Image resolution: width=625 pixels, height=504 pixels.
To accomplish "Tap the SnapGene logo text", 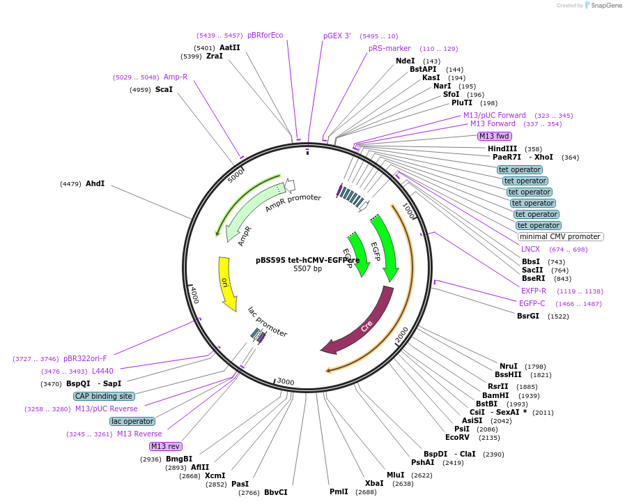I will pos(604,5).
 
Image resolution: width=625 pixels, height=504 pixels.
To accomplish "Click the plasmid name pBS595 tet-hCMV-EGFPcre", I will pos(307,260).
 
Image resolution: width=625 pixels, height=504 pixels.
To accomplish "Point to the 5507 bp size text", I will pos(307,268).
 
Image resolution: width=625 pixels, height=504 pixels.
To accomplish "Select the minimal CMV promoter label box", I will pos(560,236).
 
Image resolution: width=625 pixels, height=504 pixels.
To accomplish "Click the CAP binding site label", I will pos(104,396).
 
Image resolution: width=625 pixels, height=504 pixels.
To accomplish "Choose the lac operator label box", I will pos(132,421).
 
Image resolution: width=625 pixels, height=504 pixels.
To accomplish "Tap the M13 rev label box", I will pos(165,446).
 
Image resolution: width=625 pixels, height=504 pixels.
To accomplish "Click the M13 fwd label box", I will pos(494,136).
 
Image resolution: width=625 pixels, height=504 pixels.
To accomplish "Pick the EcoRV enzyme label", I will pos(458,437).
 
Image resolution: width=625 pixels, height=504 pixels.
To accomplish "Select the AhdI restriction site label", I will pos(95,183).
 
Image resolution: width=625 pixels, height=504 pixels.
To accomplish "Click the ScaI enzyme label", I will pos(164,89).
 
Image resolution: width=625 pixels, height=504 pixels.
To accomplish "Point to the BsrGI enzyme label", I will pos(528,316).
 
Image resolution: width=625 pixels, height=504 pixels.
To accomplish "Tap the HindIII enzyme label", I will pos(502,148).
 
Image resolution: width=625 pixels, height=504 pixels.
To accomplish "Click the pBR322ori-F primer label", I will pos(85,358).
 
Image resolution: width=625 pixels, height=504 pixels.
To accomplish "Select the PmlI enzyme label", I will pos(339,491).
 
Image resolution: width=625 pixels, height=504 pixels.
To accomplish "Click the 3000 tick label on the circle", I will pos(286,381).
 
